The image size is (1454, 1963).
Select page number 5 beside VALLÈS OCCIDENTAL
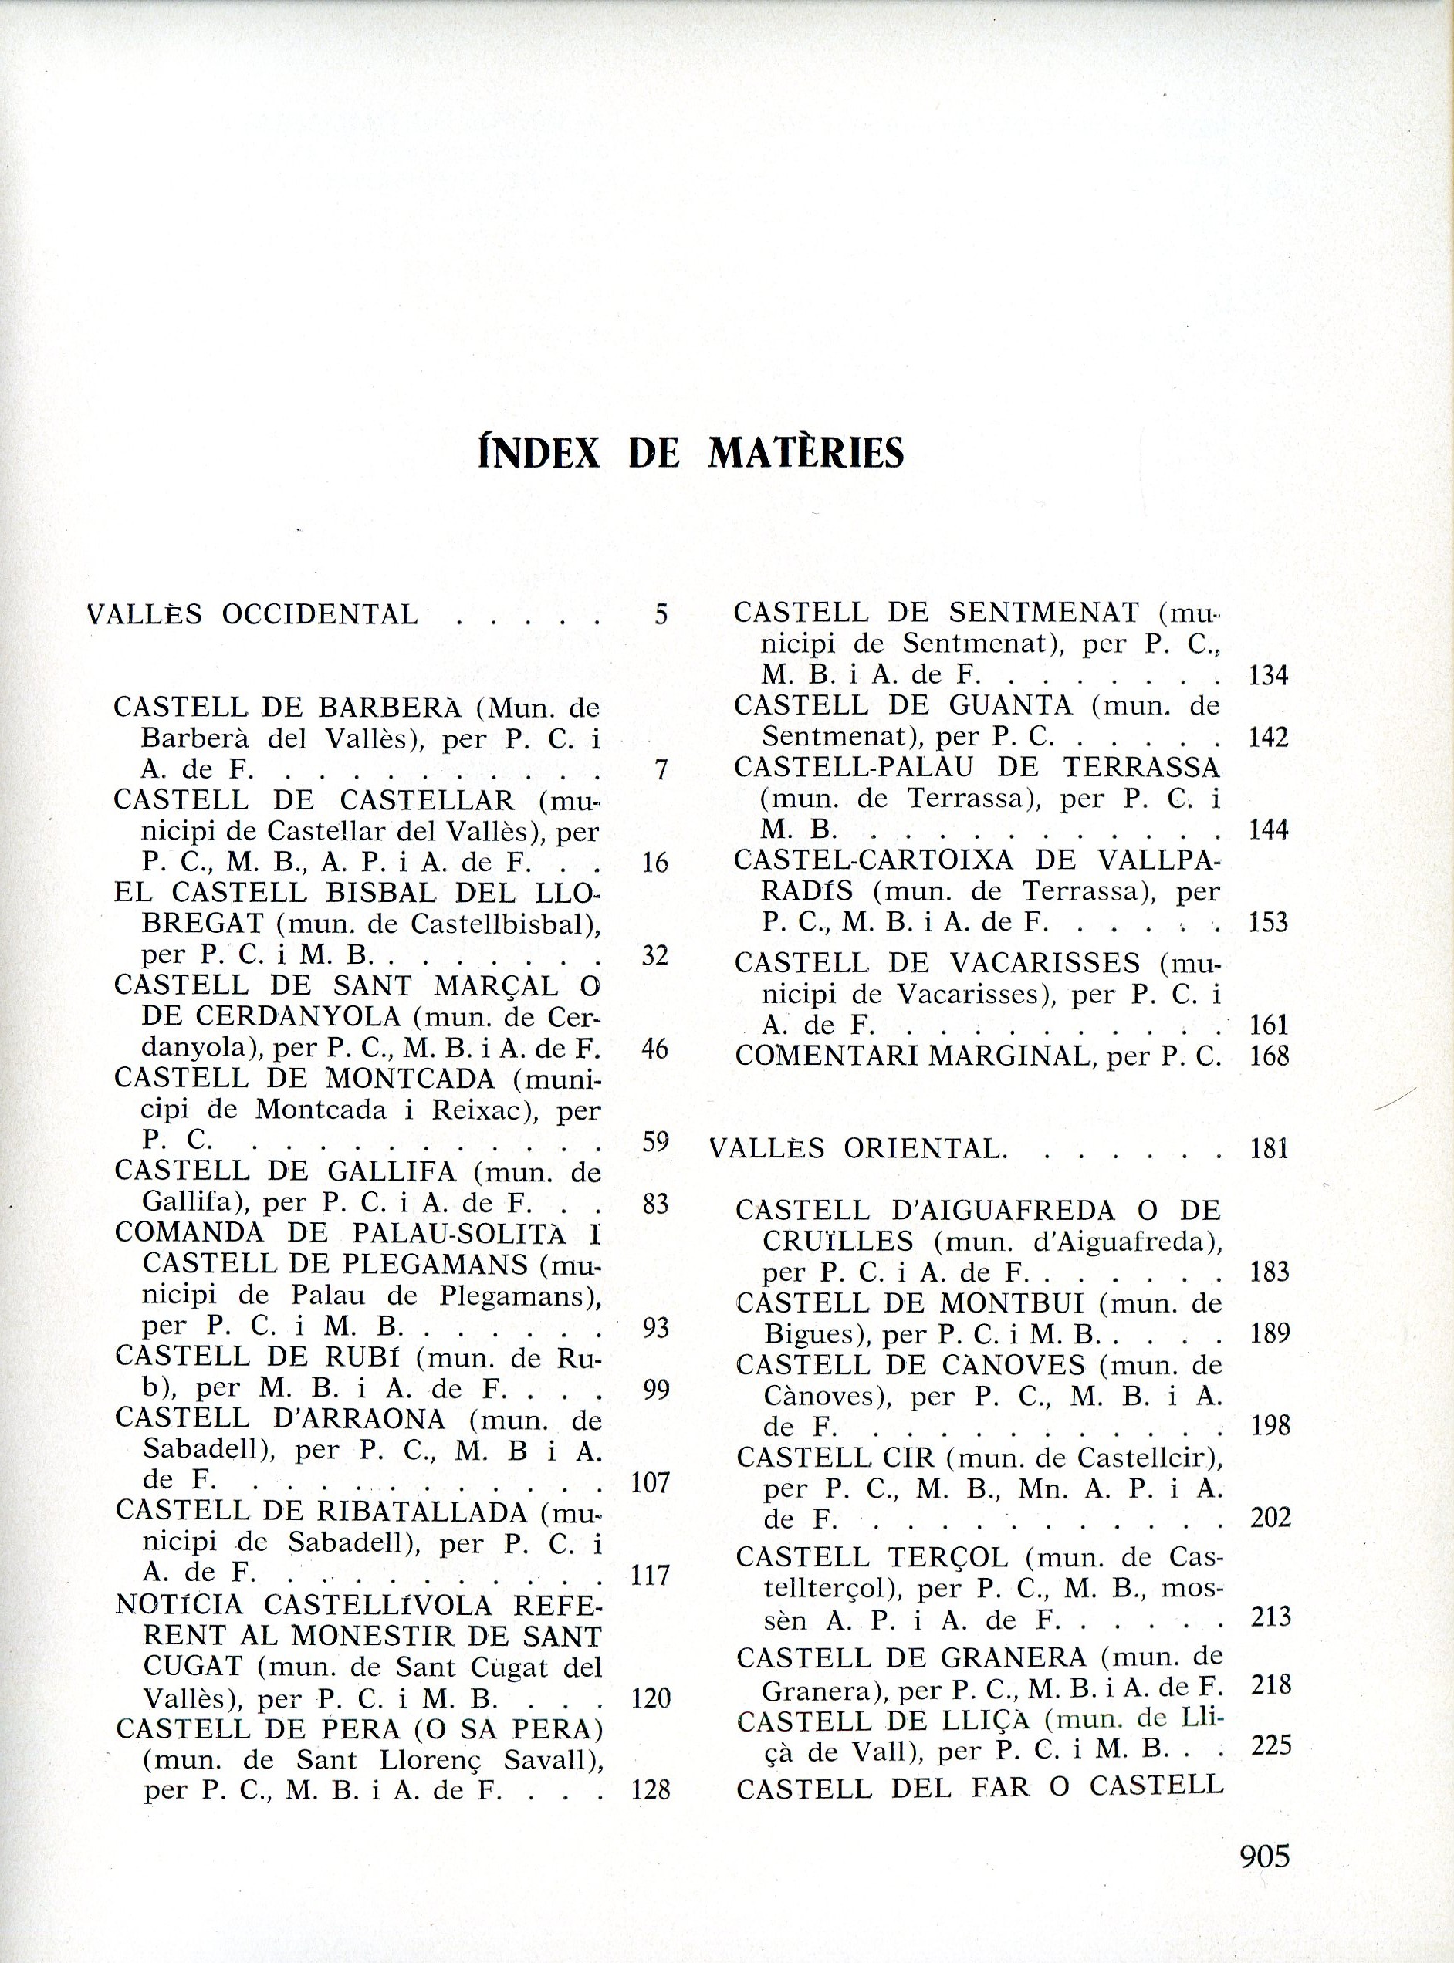coord(661,614)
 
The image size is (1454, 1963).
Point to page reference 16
coord(656,862)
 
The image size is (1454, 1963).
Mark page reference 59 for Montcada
coord(656,1141)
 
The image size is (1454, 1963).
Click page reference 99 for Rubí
coord(656,1390)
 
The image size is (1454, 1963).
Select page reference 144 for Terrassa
coord(1268,829)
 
